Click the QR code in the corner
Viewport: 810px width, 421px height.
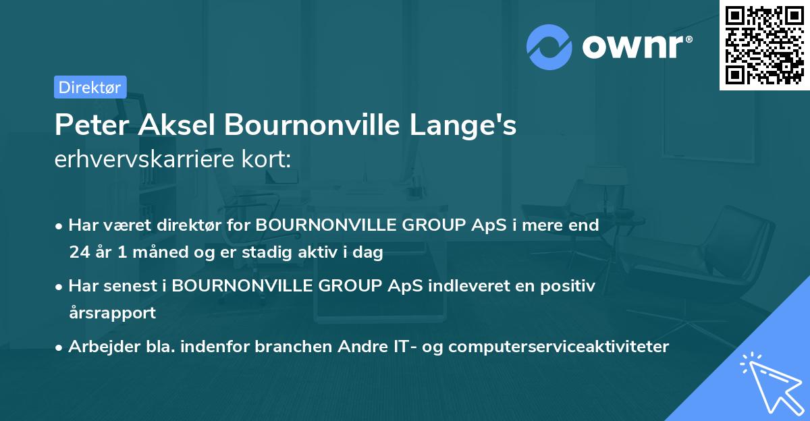(764, 45)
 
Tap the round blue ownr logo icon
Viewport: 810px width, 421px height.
(549, 47)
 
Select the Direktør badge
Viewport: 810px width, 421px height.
(90, 87)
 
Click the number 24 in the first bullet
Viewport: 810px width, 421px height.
(79, 253)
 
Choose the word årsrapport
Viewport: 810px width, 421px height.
(112, 313)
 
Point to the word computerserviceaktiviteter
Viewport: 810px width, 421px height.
(558, 347)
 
